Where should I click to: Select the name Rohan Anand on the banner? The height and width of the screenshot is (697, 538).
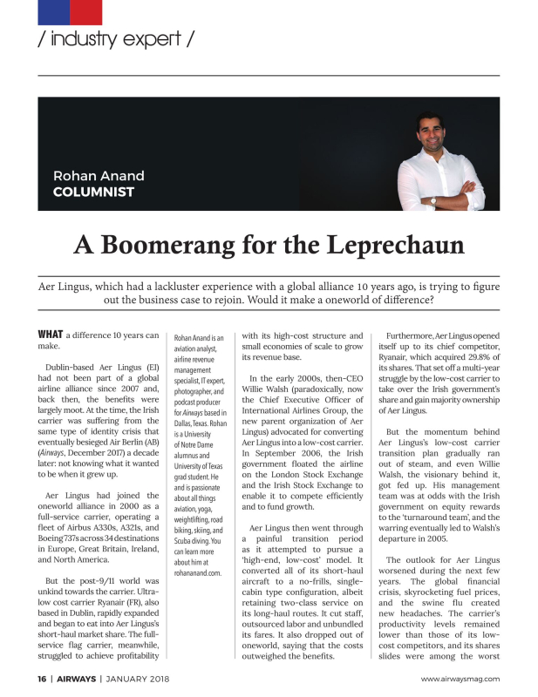click(x=99, y=176)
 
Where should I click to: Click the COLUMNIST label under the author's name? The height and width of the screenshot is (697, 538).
click(x=93, y=192)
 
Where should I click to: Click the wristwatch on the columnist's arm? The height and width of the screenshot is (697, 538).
click(x=432, y=200)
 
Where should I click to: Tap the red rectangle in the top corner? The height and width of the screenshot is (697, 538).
click(x=86, y=11)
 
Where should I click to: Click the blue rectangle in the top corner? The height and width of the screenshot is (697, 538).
click(x=53, y=11)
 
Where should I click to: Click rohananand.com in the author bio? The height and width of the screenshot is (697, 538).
click(x=199, y=572)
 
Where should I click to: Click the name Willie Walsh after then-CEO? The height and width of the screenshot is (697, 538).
click(x=266, y=389)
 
